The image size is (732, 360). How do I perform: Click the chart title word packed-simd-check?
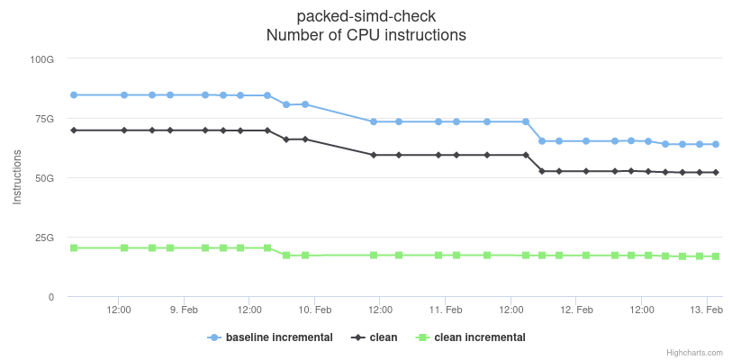[366, 17]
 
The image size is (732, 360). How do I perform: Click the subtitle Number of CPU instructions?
[366, 36]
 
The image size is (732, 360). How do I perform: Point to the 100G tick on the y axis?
[42, 59]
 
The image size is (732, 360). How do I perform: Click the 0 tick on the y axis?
[51, 297]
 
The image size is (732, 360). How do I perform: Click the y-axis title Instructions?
[17, 178]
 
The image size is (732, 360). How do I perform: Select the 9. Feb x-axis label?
[184, 310]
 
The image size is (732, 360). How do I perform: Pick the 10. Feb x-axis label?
[315, 310]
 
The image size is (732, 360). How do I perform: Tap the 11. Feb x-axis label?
[446, 310]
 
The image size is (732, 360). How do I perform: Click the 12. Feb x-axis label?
[576, 310]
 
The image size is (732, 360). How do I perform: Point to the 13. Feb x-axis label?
[707, 310]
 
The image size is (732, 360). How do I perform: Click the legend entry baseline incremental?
[278, 337]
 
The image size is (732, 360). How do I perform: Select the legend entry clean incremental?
[479, 337]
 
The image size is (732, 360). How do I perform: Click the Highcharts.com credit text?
[694, 353]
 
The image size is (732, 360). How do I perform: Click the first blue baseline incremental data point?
[74, 94]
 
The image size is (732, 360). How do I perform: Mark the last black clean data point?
[716, 172]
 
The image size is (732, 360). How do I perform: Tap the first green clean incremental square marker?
[74, 247]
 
